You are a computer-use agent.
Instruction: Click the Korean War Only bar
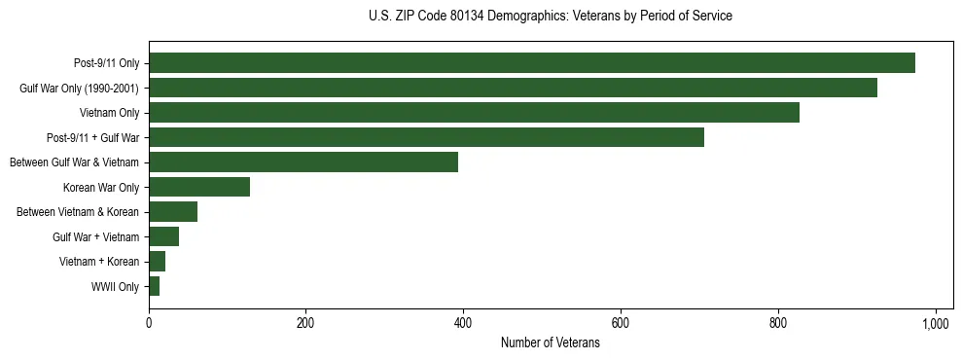pos(198,187)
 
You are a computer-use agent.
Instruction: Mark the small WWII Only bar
pos(154,286)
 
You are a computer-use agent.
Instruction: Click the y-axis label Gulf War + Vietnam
pos(96,236)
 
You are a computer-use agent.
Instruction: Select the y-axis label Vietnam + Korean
pos(99,262)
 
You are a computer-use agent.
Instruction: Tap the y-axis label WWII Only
pos(115,286)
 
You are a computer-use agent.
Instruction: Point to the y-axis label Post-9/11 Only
pos(106,63)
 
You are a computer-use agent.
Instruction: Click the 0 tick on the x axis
pos(149,323)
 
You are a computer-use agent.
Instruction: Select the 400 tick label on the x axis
pos(463,323)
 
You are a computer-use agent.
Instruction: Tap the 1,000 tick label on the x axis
pos(935,323)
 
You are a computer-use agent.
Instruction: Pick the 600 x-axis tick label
pos(621,323)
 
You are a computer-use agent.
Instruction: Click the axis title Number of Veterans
pos(550,343)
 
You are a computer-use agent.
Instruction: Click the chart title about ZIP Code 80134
pos(550,16)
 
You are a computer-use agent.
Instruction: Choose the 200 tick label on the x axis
pos(305,323)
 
